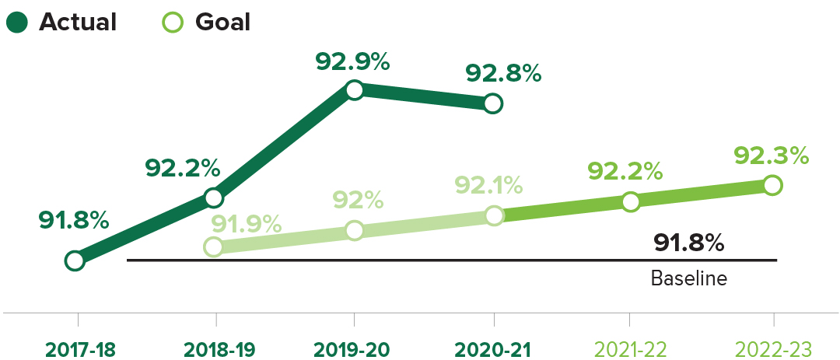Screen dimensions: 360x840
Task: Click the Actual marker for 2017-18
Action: tap(75, 260)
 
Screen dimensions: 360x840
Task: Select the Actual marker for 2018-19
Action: tap(214, 197)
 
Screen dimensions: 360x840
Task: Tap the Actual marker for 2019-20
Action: tap(354, 90)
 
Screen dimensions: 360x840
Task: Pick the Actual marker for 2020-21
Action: tap(492, 103)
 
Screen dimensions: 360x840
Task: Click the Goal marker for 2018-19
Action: tap(214, 247)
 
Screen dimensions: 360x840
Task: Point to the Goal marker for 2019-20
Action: tap(354, 230)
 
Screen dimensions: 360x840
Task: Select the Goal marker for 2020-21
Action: tap(494, 215)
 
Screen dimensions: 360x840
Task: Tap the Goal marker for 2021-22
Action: tap(631, 201)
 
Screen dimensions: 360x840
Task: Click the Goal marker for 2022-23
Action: tap(772, 185)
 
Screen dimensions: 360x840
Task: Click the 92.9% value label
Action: tap(352, 61)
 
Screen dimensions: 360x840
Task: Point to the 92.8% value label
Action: tap(503, 73)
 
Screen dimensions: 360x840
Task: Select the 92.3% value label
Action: tap(771, 156)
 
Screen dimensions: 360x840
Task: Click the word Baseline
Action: tap(688, 278)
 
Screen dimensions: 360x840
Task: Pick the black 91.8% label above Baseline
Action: tap(689, 243)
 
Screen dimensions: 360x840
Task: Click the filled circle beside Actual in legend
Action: tap(16, 23)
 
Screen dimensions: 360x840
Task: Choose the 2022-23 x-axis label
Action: tap(772, 349)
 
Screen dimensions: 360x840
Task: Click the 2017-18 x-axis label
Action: tap(80, 349)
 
